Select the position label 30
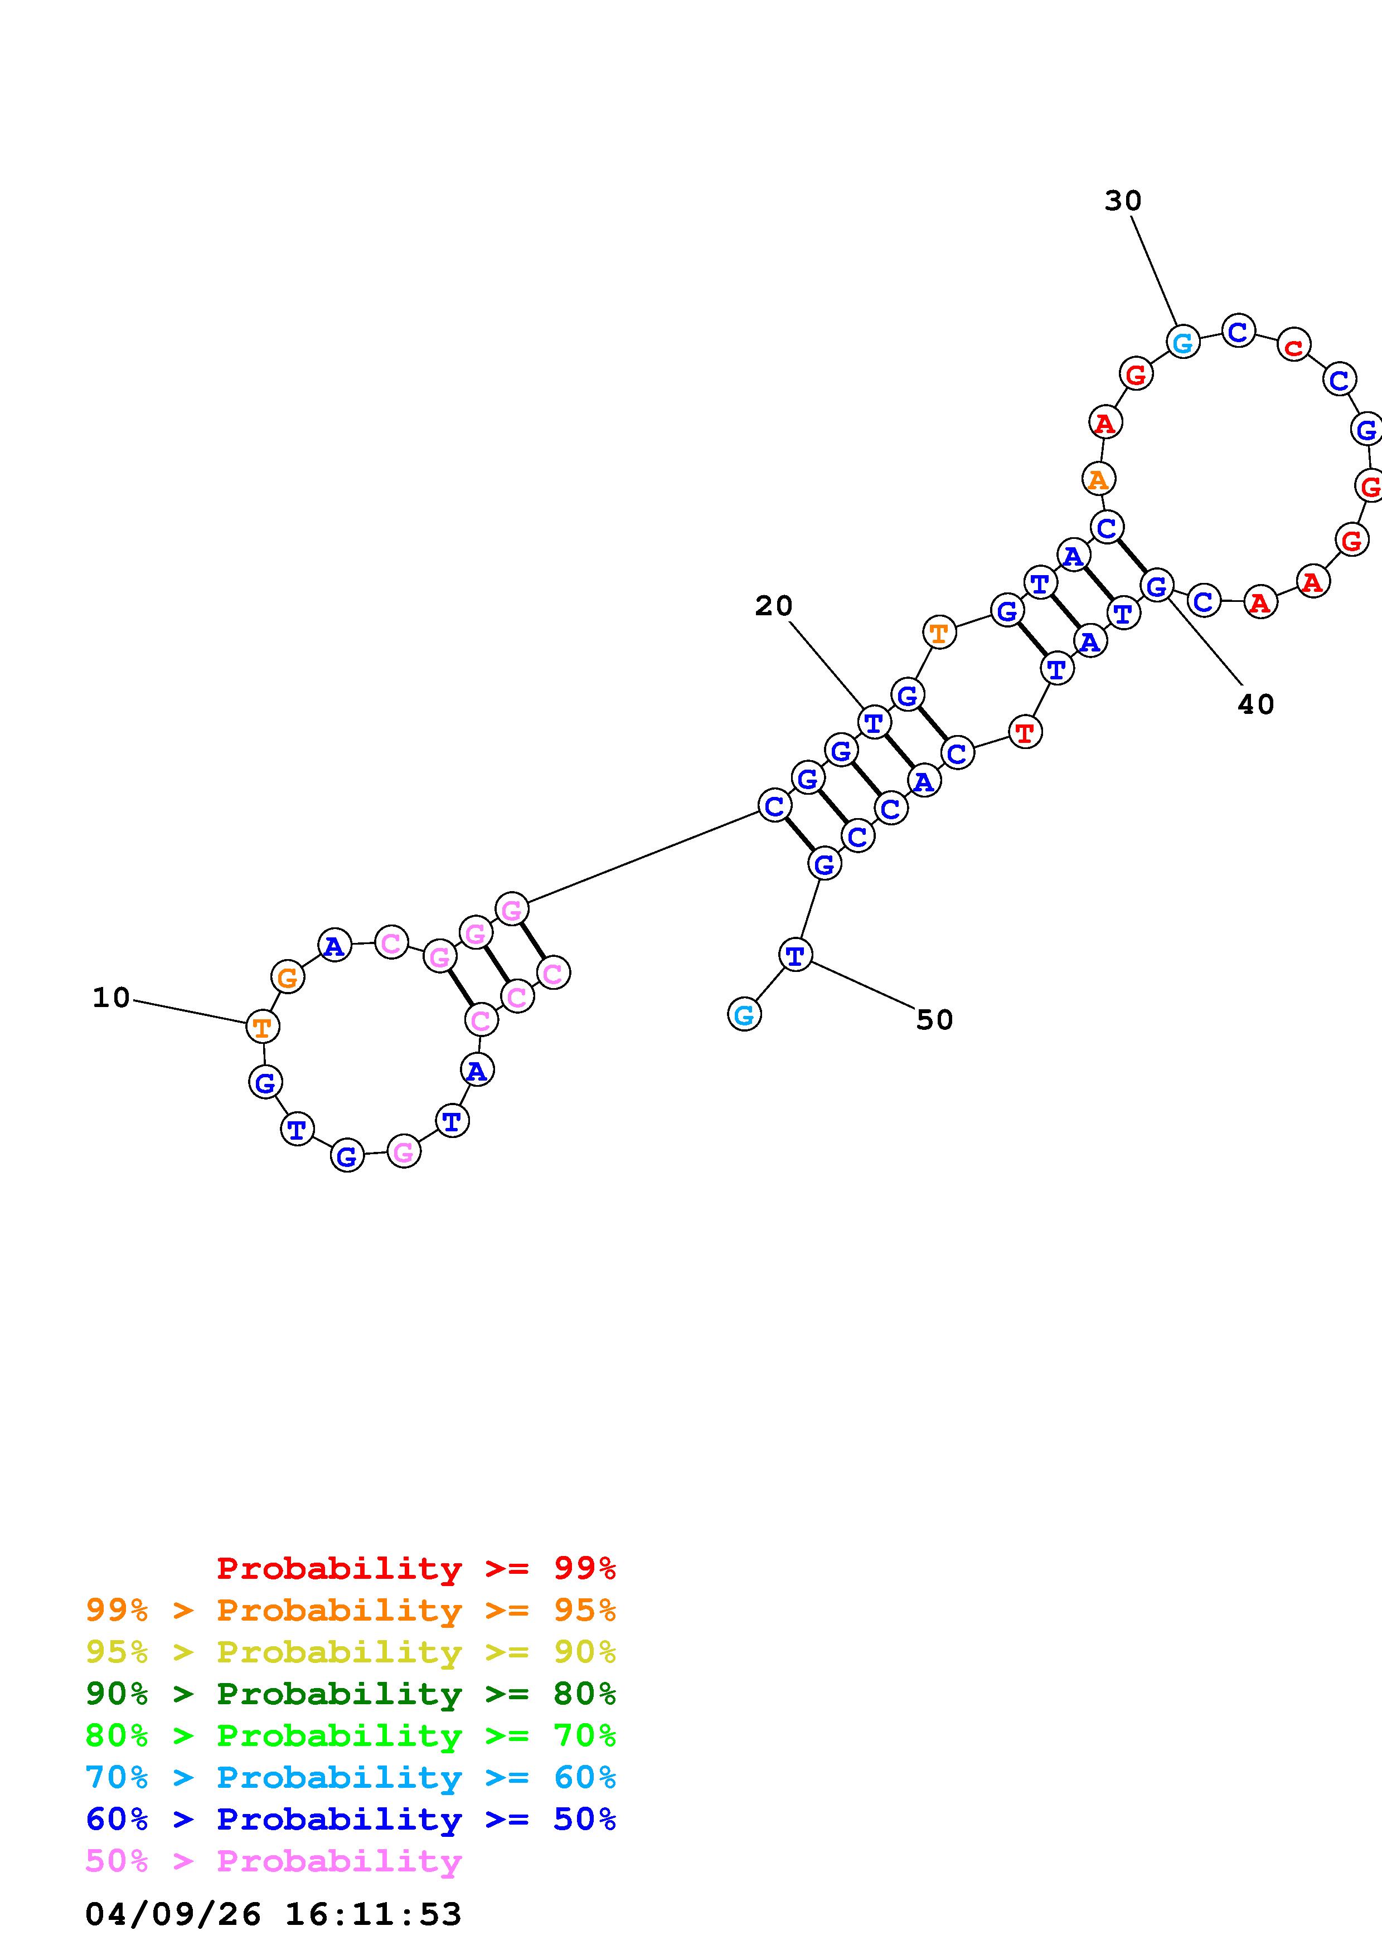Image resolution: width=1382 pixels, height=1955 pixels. pyautogui.click(x=1122, y=201)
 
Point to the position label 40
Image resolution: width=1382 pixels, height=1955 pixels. pyautogui.click(x=1255, y=704)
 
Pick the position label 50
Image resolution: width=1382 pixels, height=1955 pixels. pyautogui.click(x=934, y=1019)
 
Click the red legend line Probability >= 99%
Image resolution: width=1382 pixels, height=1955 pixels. pyautogui.click(x=415, y=1568)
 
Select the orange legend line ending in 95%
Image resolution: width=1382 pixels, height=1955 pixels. pyautogui.click(x=350, y=1610)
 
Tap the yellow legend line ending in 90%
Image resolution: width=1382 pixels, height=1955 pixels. pyautogui.click(x=350, y=1652)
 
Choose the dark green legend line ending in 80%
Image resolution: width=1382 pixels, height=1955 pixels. pyautogui.click(x=350, y=1694)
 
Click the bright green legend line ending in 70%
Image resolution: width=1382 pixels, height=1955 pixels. pyautogui.click(x=350, y=1735)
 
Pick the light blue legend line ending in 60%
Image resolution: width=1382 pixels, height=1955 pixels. pyautogui.click(x=350, y=1777)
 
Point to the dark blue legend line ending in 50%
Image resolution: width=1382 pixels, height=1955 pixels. pyautogui.click(x=350, y=1819)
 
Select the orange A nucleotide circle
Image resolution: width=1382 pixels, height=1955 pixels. pyautogui.click(x=1098, y=479)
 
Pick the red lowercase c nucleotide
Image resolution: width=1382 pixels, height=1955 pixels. pyautogui.click(x=1293, y=346)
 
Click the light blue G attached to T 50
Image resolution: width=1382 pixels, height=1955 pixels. pyautogui.click(x=744, y=1014)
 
